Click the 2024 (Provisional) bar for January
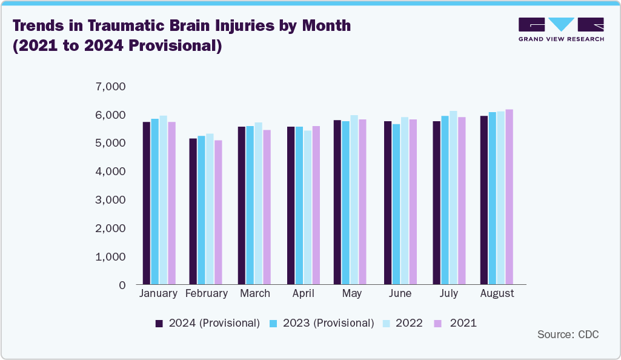click(x=146, y=203)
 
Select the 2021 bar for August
click(x=509, y=197)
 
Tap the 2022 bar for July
click(x=453, y=198)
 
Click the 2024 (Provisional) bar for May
click(x=337, y=202)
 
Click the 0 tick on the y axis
click(x=122, y=285)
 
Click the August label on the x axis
click(x=497, y=294)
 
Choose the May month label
click(x=351, y=294)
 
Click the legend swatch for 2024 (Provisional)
click(x=159, y=324)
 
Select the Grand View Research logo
click(x=561, y=30)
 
